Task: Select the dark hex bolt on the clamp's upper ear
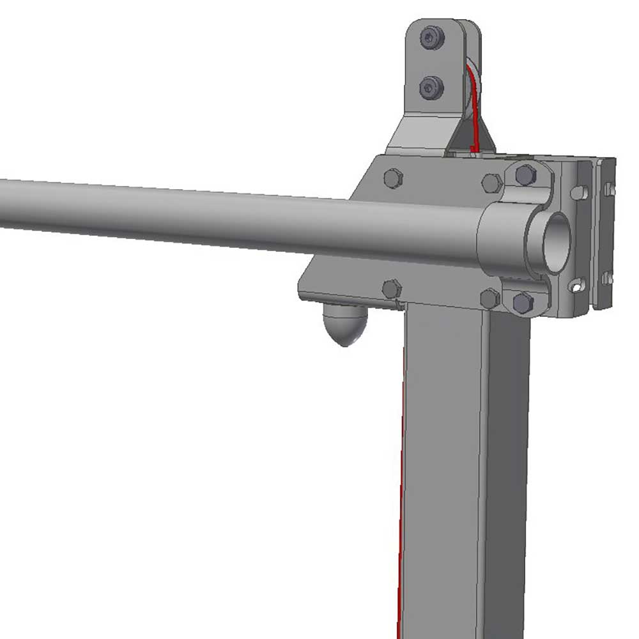[x=525, y=174]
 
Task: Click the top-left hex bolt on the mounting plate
[x=393, y=178]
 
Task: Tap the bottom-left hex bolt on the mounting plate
[x=391, y=289]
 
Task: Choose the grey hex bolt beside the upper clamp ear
[x=491, y=183]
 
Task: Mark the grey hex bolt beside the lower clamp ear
[x=489, y=298]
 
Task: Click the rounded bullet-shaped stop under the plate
[x=346, y=325]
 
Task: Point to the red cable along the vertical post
[x=401, y=511]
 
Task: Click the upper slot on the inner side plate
[x=578, y=191]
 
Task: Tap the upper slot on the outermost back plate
[x=608, y=189]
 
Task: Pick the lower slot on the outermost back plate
[x=606, y=279]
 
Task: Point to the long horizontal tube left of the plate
[x=192, y=214]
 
